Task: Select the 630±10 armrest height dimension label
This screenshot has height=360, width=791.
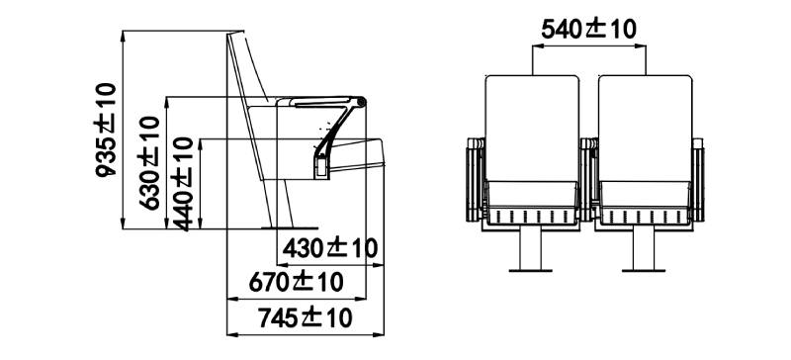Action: pyautogui.click(x=149, y=162)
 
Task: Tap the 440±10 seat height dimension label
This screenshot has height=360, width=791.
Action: pyautogui.click(x=182, y=184)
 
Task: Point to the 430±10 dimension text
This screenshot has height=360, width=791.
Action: pyautogui.click(x=330, y=248)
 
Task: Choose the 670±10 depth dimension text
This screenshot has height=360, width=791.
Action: pyautogui.click(x=296, y=282)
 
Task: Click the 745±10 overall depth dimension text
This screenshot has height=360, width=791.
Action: pyautogui.click(x=306, y=318)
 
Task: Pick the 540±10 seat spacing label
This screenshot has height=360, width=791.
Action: pyautogui.click(x=588, y=29)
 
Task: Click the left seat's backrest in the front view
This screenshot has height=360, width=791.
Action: pyautogui.click(x=532, y=128)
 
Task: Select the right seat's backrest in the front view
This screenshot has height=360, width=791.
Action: pyautogui.click(x=646, y=128)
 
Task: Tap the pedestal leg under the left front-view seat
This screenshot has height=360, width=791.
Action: pyautogui.click(x=530, y=249)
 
